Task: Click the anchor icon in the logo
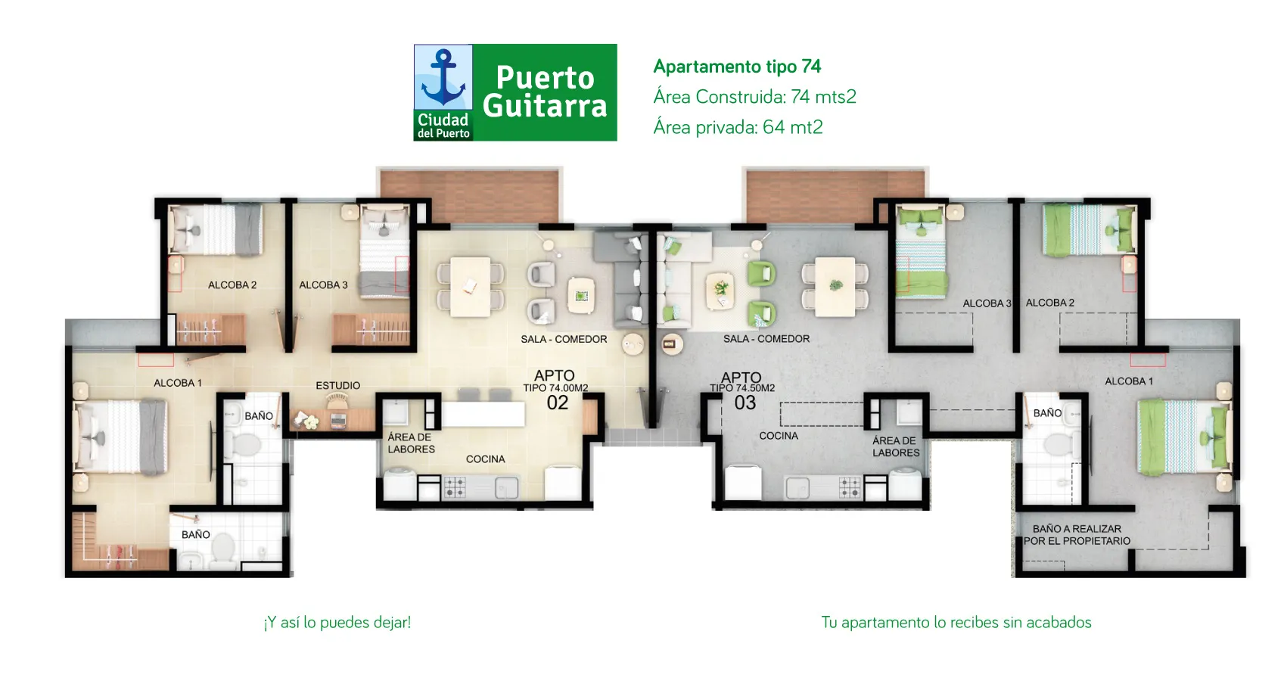(x=443, y=77)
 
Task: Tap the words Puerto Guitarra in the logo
(x=545, y=92)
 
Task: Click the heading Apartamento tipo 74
(x=737, y=67)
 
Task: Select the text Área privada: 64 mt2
(x=738, y=127)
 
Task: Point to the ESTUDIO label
(x=337, y=385)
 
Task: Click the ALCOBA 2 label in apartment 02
(x=232, y=285)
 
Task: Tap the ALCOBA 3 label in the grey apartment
(x=987, y=303)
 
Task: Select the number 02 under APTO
(x=558, y=403)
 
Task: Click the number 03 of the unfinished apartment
(x=745, y=403)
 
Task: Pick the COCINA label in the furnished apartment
(x=485, y=459)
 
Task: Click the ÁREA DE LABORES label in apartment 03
(x=896, y=446)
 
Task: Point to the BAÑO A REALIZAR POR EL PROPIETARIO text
(x=1077, y=535)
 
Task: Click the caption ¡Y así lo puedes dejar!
(x=337, y=623)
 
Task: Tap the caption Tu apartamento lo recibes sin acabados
(x=956, y=623)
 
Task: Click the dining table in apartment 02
(x=470, y=287)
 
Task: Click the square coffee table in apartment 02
(x=581, y=295)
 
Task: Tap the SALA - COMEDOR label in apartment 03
(x=766, y=339)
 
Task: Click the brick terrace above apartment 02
(x=469, y=196)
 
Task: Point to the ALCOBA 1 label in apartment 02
(x=178, y=383)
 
